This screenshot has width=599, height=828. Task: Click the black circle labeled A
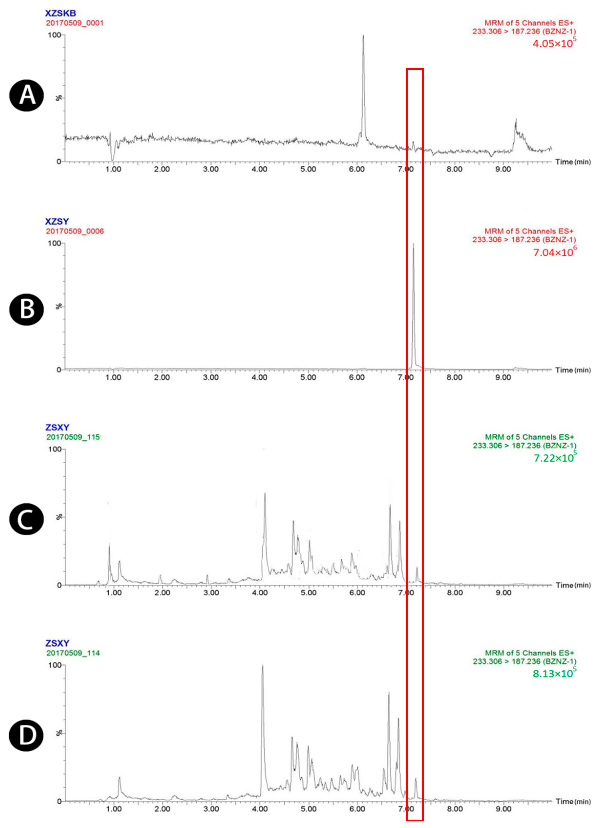[x=26, y=96]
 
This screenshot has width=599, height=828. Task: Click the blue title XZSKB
[x=60, y=13]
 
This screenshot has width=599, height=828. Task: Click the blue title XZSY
[x=57, y=221]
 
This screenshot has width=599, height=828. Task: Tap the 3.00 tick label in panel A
[x=211, y=169]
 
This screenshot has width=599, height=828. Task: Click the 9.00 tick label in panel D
[x=503, y=809]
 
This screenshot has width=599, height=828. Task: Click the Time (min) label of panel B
[x=572, y=370]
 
